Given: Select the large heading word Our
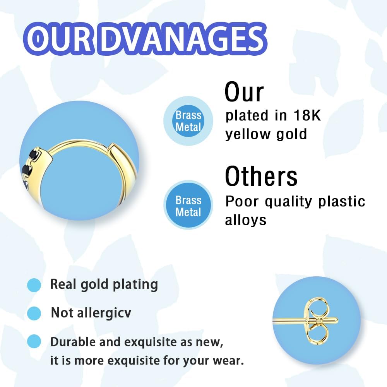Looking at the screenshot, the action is (244, 92).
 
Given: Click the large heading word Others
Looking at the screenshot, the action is (261, 176).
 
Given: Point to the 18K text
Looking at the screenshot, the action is (307, 115).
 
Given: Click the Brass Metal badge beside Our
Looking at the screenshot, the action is (188, 121).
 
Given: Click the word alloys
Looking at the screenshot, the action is (246, 219).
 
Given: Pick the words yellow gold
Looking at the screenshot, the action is (266, 135).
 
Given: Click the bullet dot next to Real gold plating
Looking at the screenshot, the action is (34, 285).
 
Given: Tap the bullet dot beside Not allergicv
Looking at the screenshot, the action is (34, 313).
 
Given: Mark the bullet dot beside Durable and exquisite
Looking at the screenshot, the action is (34, 341).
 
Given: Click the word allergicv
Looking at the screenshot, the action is (104, 313).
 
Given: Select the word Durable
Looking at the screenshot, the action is (73, 342).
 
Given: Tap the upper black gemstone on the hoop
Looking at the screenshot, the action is (34, 154).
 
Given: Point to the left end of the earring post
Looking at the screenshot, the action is (274, 320).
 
